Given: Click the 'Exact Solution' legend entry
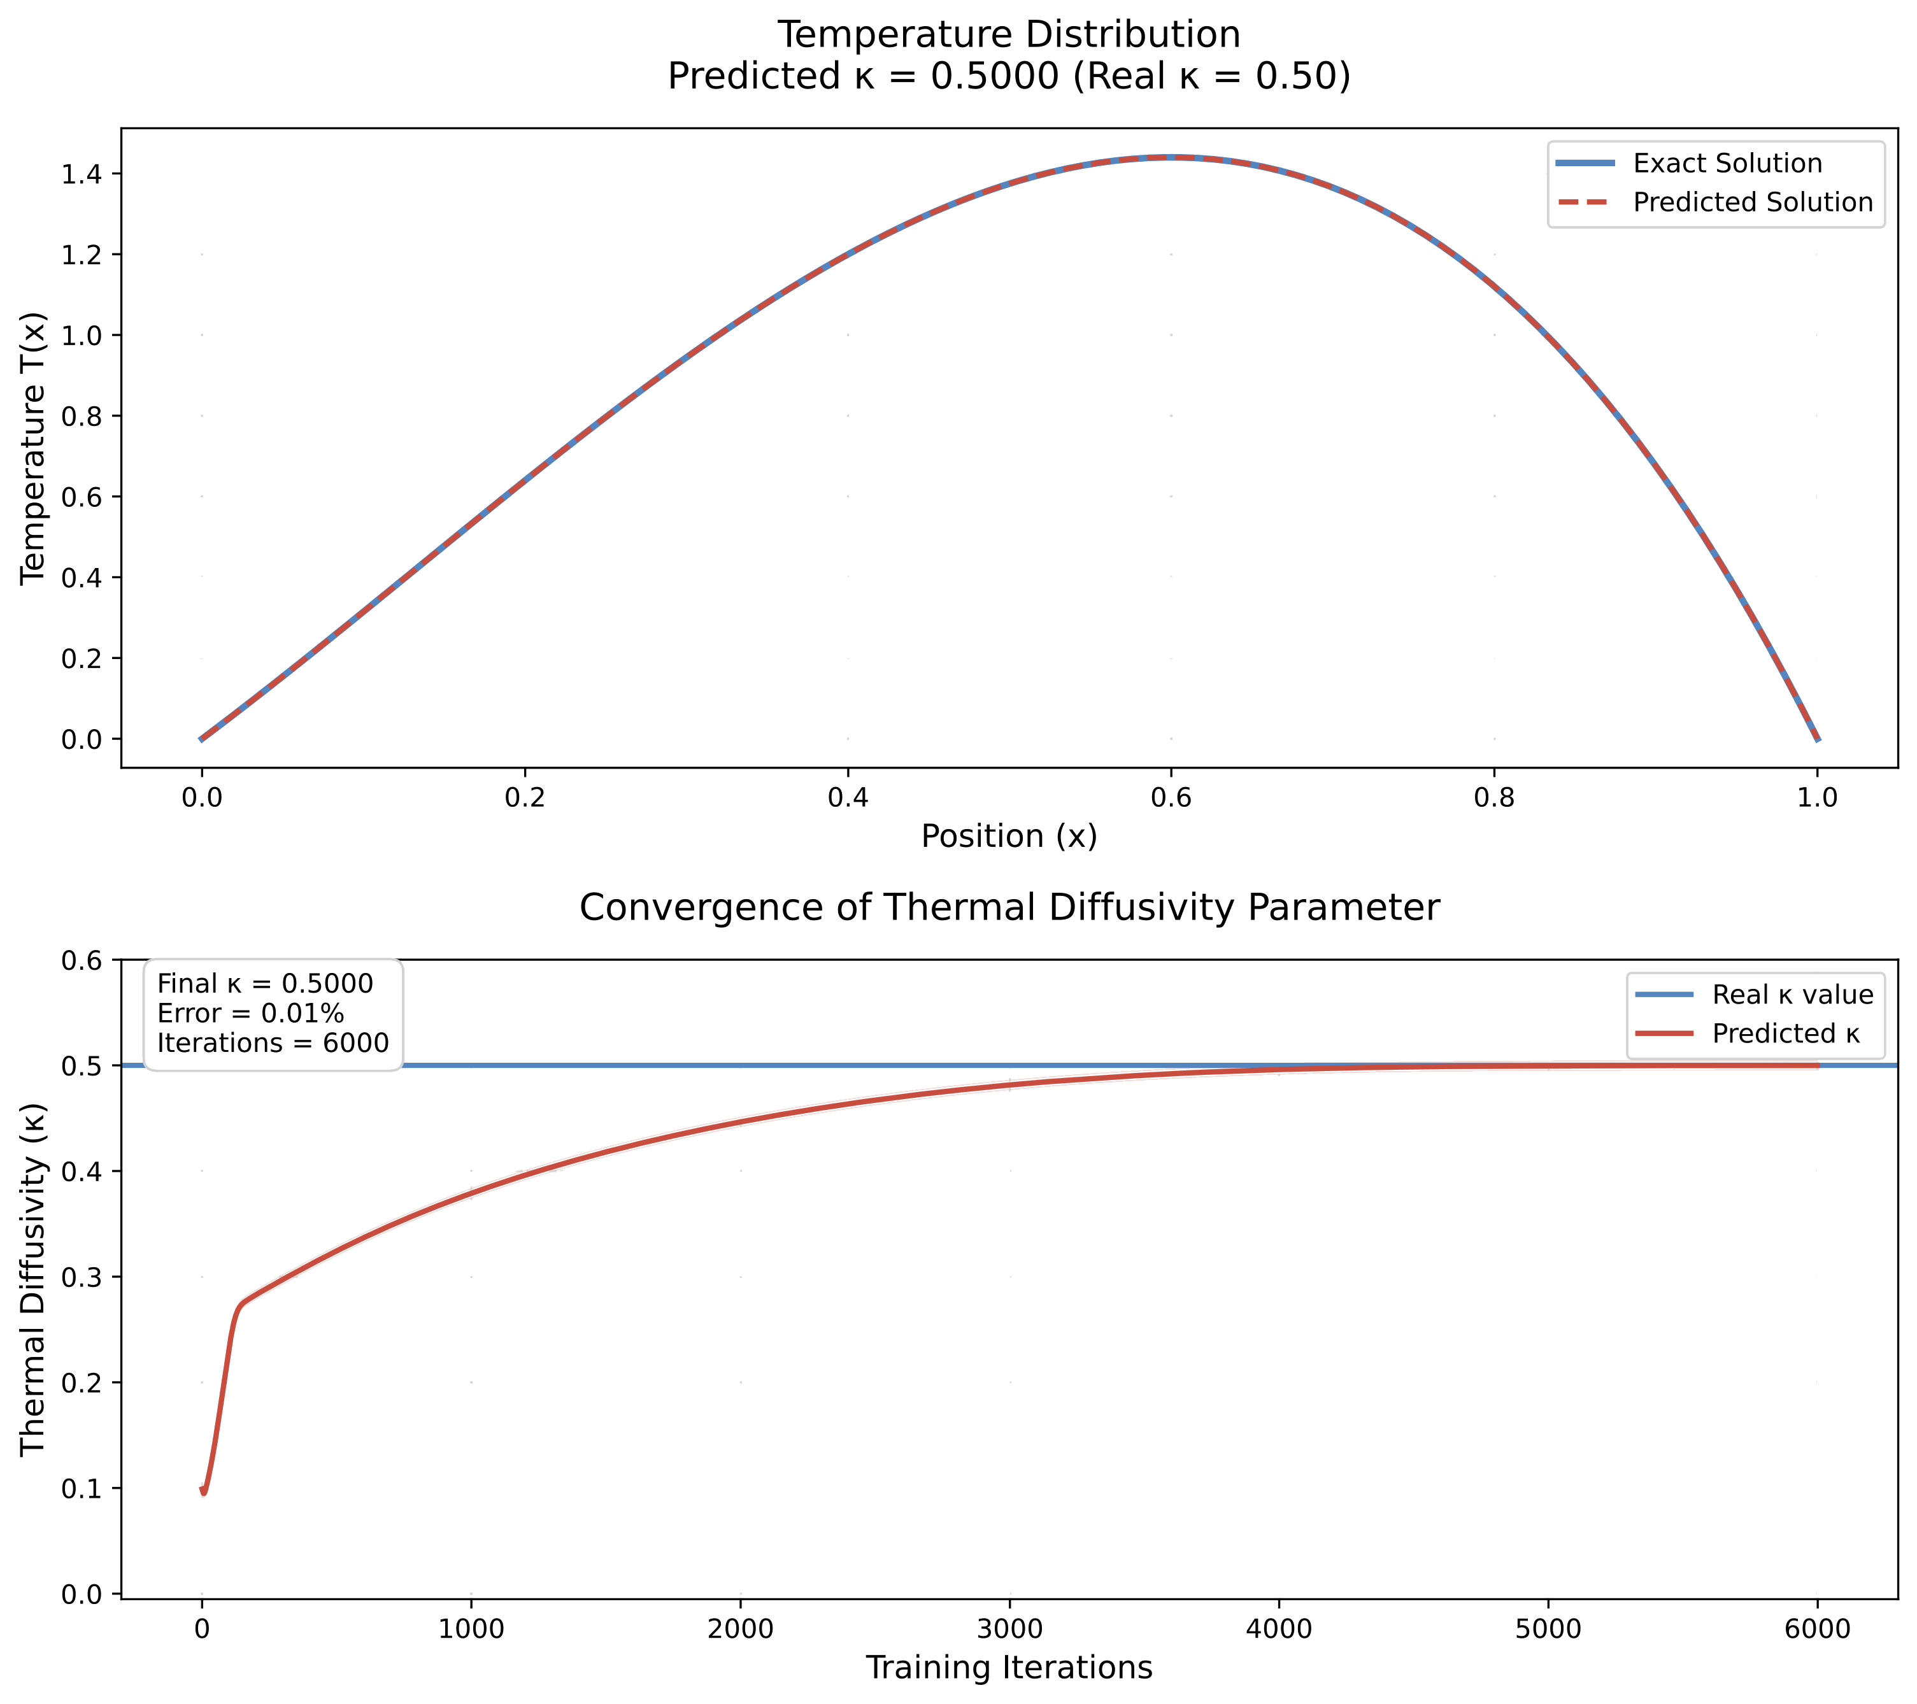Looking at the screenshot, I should pos(1727,163).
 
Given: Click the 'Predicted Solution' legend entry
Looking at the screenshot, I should pos(1752,202).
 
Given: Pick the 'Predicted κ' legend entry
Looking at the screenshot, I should pos(1785,1033).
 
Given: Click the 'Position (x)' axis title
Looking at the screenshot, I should pos(1009,837).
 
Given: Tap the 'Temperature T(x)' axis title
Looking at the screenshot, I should pos(33,448).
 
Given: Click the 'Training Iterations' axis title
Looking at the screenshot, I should pos(1009,1668).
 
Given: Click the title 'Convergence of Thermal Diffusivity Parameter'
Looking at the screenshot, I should pos(1009,908).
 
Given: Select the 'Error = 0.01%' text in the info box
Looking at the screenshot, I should pos(250,1013).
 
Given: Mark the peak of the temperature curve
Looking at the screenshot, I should pos(1171,157).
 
